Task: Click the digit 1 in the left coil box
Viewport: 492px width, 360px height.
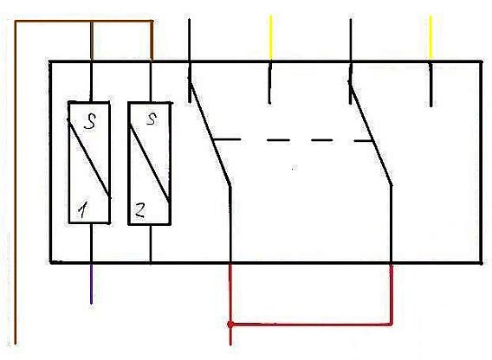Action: click(83, 209)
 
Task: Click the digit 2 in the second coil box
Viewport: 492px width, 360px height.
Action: click(139, 210)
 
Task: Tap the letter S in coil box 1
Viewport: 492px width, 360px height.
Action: click(90, 121)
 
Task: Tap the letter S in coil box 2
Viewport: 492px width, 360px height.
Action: click(152, 119)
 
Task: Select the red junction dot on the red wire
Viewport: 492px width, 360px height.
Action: click(230, 325)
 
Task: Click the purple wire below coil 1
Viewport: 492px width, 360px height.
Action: click(91, 284)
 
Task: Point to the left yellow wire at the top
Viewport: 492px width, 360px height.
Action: click(271, 37)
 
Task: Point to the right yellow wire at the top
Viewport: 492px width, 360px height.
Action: click(430, 37)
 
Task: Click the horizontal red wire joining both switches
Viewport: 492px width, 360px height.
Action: click(311, 325)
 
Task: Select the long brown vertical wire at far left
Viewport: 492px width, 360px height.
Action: click(16, 183)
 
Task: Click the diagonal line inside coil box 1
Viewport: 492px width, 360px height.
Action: click(89, 158)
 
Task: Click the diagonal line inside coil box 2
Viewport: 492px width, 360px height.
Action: click(150, 164)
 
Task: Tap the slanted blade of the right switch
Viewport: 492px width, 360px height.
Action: click(371, 133)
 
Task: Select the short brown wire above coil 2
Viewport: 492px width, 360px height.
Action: click(152, 41)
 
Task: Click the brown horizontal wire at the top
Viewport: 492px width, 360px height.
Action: click(84, 22)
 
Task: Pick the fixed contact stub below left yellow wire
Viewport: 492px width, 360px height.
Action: click(269, 83)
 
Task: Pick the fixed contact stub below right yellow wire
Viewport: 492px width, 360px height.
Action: click(431, 85)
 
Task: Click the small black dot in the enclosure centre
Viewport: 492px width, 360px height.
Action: click(294, 169)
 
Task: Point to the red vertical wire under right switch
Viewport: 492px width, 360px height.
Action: click(392, 294)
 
